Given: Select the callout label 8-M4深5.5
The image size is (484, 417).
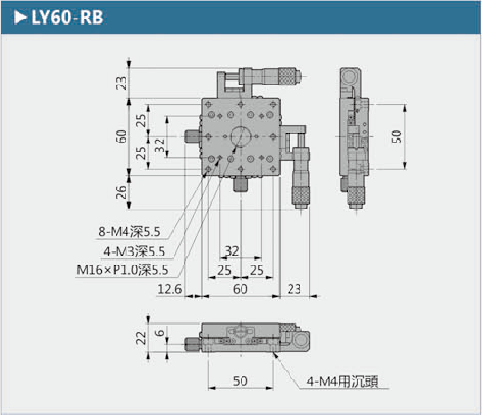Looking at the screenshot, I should coord(130,232).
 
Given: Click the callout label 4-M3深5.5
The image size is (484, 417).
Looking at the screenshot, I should coord(136,251).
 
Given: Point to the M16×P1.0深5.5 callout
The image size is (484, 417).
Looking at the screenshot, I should coord(123,270).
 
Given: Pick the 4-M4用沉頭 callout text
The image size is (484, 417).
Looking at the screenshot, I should coord(342,381).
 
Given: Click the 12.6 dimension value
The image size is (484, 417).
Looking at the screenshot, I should coord(170,289).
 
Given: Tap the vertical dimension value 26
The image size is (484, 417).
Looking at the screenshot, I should coord(122,192).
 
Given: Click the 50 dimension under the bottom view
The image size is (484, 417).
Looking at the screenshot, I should coord(241,381).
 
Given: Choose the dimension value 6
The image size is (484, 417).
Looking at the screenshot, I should coord(160,332).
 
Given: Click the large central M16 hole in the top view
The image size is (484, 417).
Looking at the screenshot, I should coord(241,136).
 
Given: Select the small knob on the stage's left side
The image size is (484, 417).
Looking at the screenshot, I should coord(192,137).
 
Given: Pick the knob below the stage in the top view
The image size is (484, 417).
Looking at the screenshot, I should coord(241,184).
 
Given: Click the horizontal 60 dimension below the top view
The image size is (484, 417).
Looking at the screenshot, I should coord(241,289).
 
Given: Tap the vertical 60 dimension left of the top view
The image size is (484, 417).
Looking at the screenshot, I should coord(122,137).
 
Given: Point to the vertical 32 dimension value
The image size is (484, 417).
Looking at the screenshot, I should coord(160,144).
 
